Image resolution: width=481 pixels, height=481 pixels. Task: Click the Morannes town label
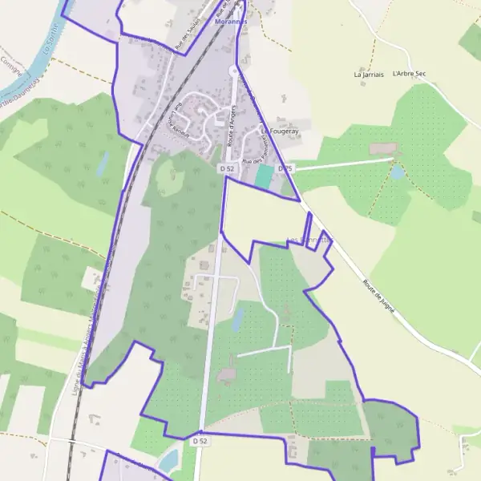tap(232, 22)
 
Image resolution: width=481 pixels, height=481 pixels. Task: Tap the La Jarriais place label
tap(369, 74)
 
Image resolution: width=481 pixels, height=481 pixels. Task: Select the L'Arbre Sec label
tap(409, 74)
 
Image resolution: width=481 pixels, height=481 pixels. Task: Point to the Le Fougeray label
tap(280, 130)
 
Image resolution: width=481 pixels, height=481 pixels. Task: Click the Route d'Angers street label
tap(234, 122)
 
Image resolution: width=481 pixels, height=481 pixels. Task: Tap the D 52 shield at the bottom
tap(200, 441)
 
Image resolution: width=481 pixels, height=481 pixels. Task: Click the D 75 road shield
tap(285, 169)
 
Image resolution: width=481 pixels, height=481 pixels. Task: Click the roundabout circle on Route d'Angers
tap(234, 71)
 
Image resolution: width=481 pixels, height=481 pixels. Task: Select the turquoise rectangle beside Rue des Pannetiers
tap(264, 176)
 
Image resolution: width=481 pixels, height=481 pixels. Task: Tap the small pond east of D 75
tap(398, 172)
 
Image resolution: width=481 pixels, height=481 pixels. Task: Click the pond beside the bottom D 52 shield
tap(170, 460)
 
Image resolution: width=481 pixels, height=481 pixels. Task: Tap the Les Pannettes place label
tap(309, 240)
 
